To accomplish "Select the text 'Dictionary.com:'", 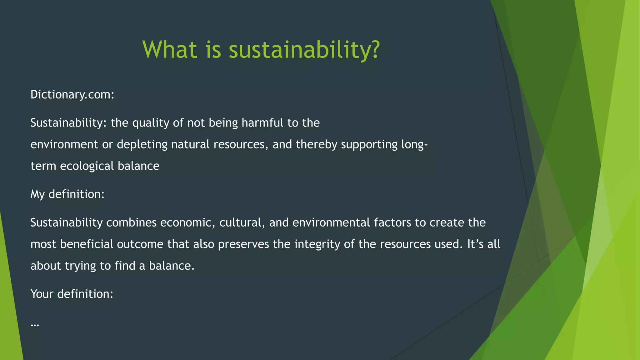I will [x=72, y=95].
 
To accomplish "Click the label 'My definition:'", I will [x=67, y=194].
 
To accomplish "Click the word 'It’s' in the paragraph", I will [x=475, y=244].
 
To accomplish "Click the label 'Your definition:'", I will [x=72, y=294].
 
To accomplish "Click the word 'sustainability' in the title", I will [x=300, y=50].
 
